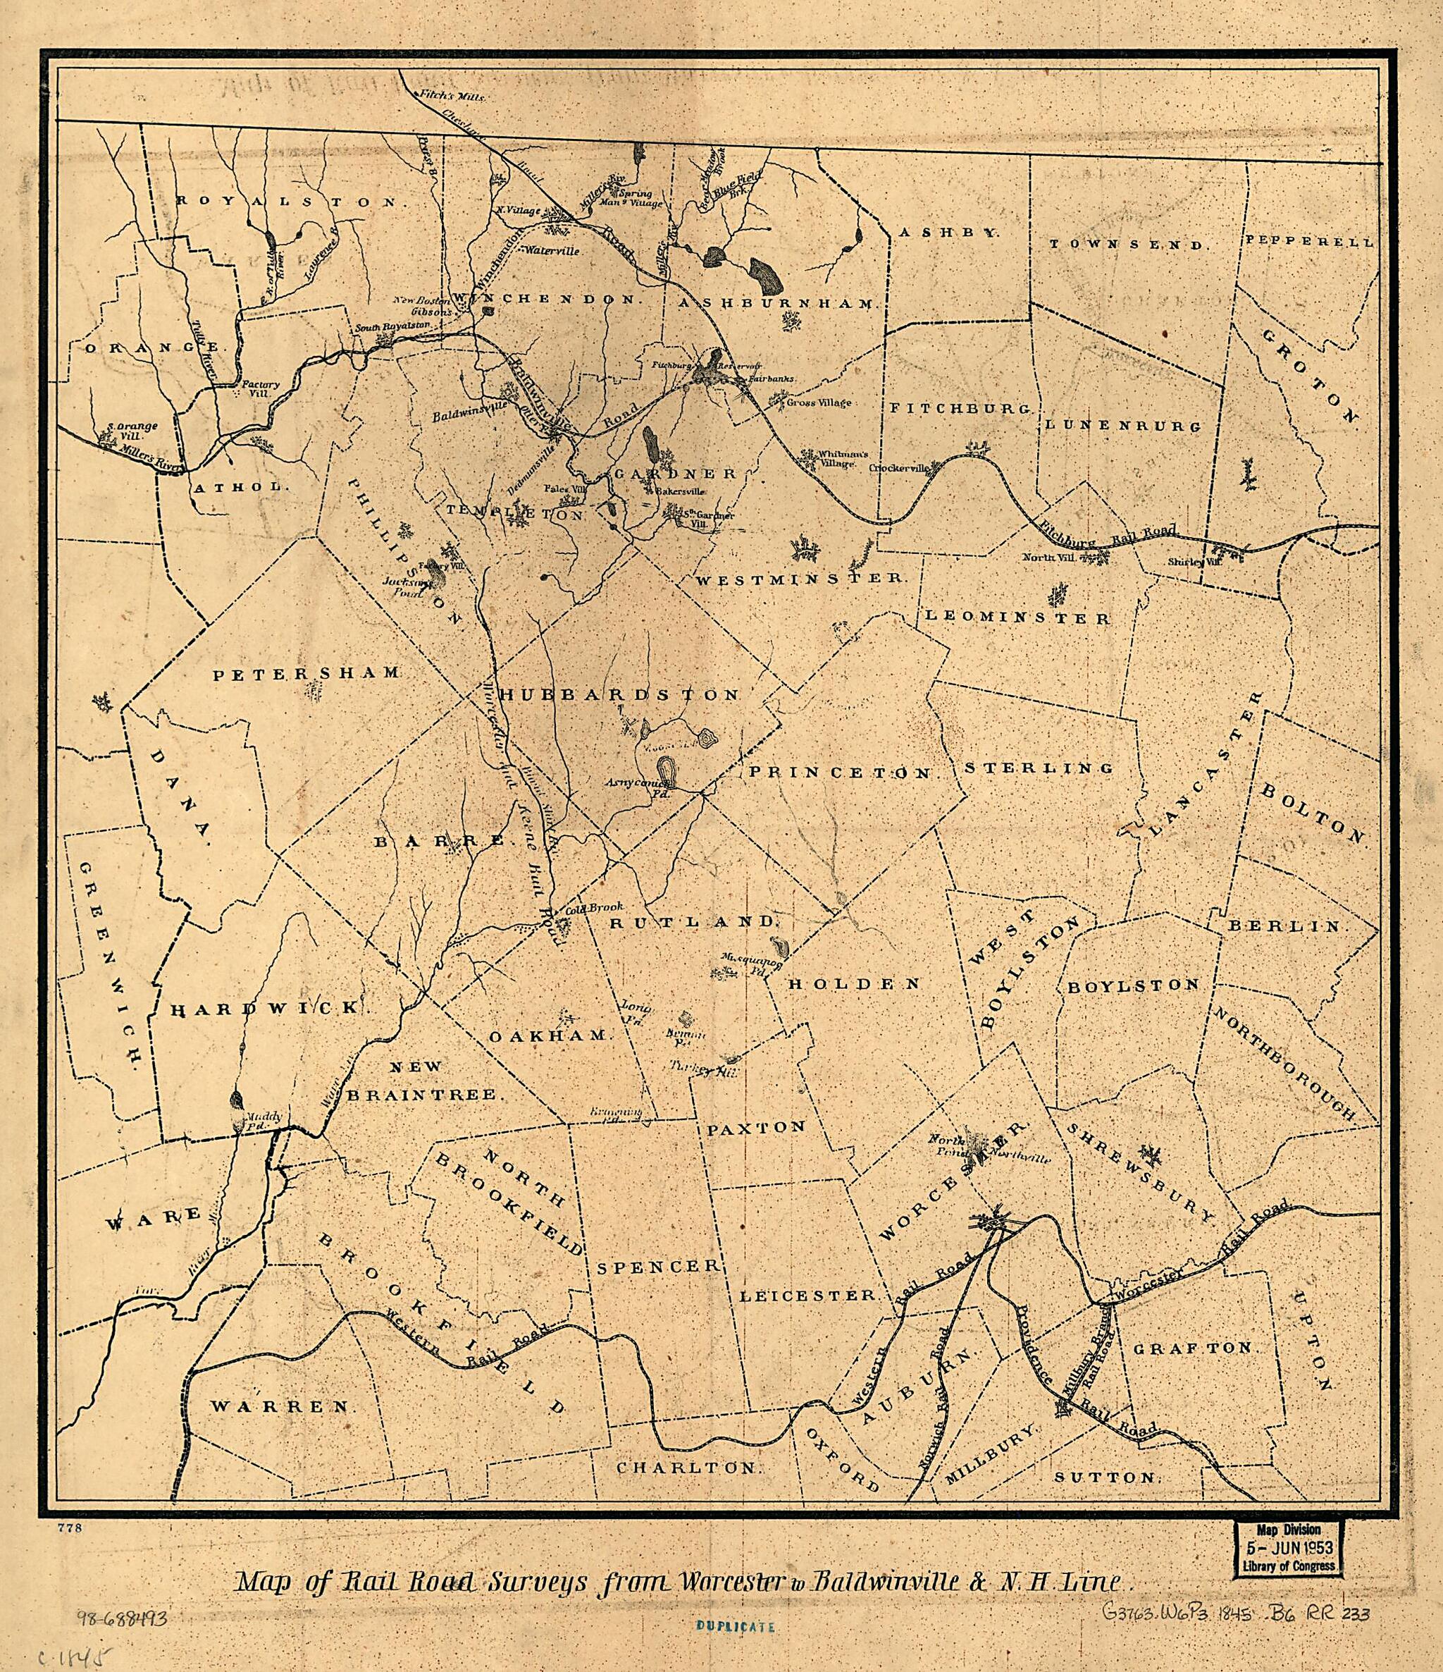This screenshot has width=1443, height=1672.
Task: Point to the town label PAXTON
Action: coord(757,1127)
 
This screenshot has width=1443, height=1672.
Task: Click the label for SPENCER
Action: coord(657,1266)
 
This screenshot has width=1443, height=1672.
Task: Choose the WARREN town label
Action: coord(283,1406)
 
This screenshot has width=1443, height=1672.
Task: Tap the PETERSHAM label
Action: coord(306,672)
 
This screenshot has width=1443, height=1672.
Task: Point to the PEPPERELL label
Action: coord(1308,240)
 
